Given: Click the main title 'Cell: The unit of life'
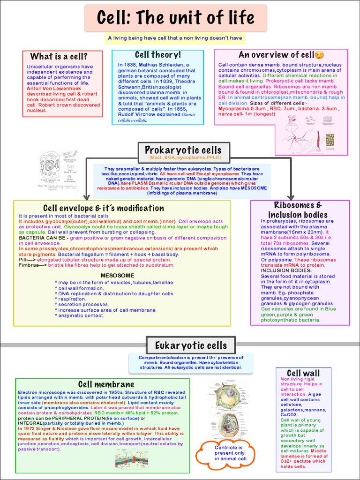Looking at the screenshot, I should [x=176, y=18].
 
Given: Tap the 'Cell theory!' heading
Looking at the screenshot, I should [x=157, y=55].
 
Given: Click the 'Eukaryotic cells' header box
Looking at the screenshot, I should [x=191, y=346].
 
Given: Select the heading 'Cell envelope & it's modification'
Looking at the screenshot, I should [x=104, y=208].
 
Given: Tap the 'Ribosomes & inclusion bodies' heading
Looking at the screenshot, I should [x=298, y=210].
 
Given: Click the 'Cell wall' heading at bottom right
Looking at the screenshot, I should [x=303, y=373].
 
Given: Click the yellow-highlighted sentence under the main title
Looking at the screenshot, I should [x=175, y=38].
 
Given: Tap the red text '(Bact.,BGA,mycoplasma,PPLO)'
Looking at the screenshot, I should [x=183, y=157].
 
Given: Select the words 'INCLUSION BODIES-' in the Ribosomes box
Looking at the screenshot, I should [x=286, y=270].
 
